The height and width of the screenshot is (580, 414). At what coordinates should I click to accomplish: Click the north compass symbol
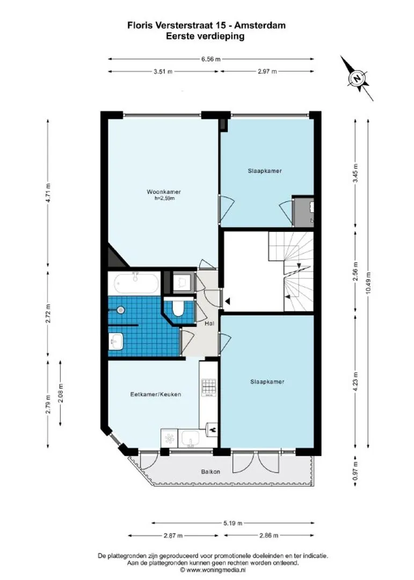coord(357,78)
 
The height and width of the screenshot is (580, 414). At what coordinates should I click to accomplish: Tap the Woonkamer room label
coord(164,192)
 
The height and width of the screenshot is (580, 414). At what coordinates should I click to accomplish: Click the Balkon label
coord(210,472)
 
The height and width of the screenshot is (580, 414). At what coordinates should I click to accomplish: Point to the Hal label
coord(209,323)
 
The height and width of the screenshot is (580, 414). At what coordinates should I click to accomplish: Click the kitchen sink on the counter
coord(191,438)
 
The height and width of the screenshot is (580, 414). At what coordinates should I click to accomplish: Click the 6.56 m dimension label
coord(211,59)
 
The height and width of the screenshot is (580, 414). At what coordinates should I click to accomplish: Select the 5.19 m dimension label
coord(233,523)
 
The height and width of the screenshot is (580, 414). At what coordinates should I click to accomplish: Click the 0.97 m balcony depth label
coord(355,471)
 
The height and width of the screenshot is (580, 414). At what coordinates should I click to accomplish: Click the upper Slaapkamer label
coord(265,171)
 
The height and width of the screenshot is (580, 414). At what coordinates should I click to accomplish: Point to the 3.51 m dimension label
coord(163,71)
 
